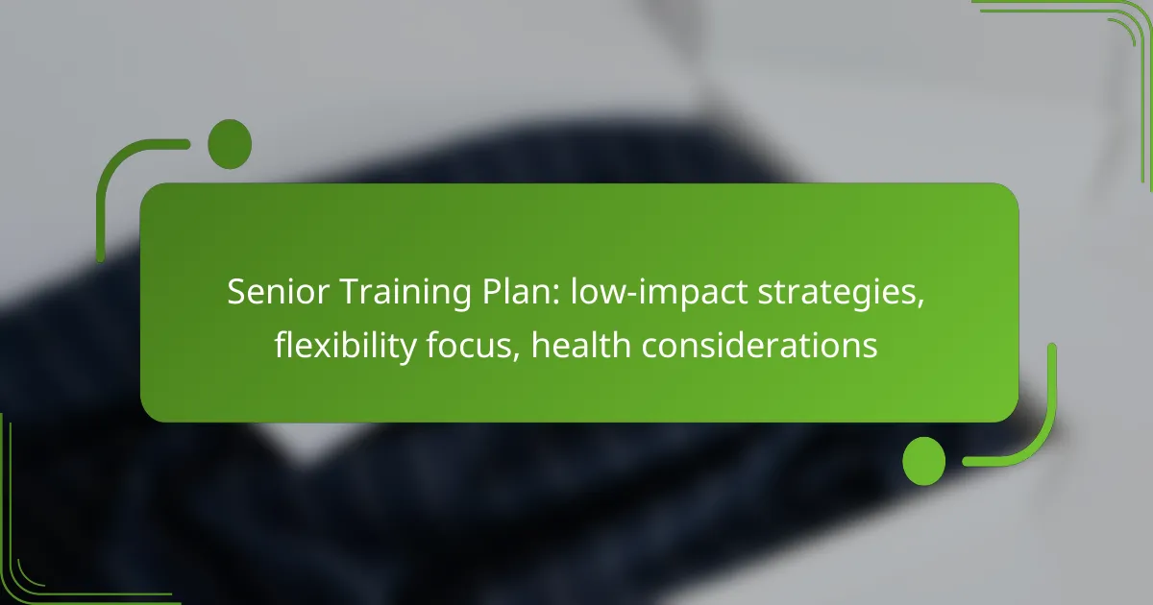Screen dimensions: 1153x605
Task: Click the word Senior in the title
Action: [278, 292]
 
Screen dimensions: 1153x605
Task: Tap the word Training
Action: [405, 293]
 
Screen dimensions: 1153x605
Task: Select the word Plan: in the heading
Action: [521, 292]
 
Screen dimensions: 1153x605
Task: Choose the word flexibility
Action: [345, 346]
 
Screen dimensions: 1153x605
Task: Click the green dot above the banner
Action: [230, 144]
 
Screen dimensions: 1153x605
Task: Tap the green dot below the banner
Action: [924, 461]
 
